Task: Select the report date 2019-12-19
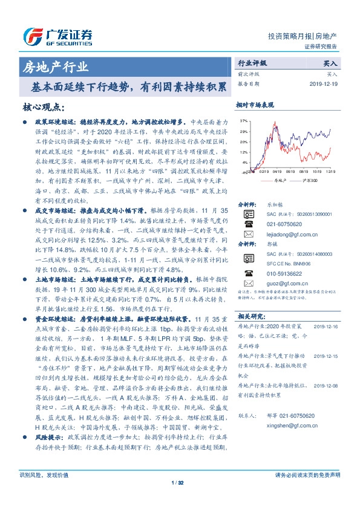pos(326,84)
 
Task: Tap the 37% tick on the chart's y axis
pos(243,121)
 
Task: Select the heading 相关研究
pos(250,316)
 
